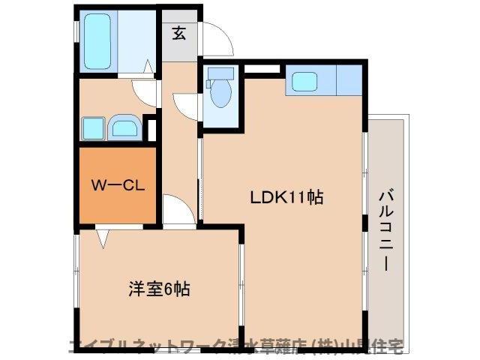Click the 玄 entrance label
click(179, 33)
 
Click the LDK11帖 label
click(286, 198)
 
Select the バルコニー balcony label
click(386, 229)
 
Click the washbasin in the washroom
click(122, 128)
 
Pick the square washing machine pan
click(93, 128)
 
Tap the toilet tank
click(220, 74)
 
